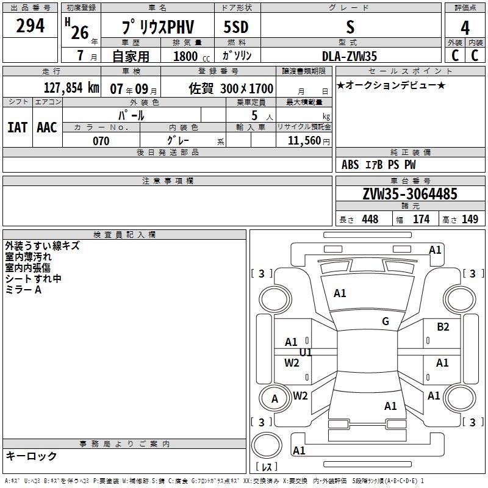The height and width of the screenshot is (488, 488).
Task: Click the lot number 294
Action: [x=30, y=26]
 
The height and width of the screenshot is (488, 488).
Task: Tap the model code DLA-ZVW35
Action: [x=350, y=56]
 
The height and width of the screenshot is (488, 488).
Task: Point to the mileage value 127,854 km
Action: [x=71, y=87]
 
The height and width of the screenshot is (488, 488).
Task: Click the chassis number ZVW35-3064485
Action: [x=410, y=194]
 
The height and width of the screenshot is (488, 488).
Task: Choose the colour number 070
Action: [x=101, y=141]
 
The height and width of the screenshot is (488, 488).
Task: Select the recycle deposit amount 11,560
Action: [x=304, y=141]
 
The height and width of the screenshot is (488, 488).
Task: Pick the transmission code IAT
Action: [x=17, y=127]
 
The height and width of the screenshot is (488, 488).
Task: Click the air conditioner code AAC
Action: [x=47, y=127]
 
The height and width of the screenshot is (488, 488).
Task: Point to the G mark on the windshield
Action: [x=386, y=321]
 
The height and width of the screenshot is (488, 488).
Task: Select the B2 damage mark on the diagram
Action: [x=443, y=327]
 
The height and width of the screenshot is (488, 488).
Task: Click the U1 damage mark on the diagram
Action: [x=306, y=353]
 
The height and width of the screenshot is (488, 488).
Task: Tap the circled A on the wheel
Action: [x=274, y=399]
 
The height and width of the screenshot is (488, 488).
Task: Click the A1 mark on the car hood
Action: [x=340, y=293]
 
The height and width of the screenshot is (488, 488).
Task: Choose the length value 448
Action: [x=370, y=220]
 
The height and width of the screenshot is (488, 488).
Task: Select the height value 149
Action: [x=470, y=220]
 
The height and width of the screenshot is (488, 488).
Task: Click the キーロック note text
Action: [x=31, y=456]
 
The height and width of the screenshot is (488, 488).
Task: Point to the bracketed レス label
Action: [x=267, y=467]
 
